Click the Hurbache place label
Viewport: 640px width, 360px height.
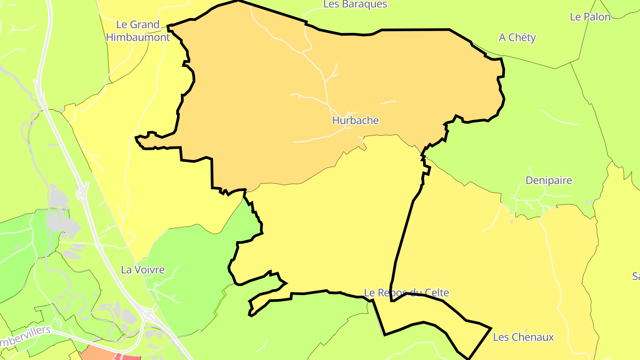(x=355, y=120)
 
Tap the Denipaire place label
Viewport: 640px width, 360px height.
(x=548, y=180)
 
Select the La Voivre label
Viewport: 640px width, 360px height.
(x=143, y=270)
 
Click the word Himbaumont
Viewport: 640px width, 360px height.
(x=138, y=37)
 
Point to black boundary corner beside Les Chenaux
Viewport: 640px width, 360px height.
(x=490, y=328)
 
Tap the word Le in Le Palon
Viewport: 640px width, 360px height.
(x=576, y=17)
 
